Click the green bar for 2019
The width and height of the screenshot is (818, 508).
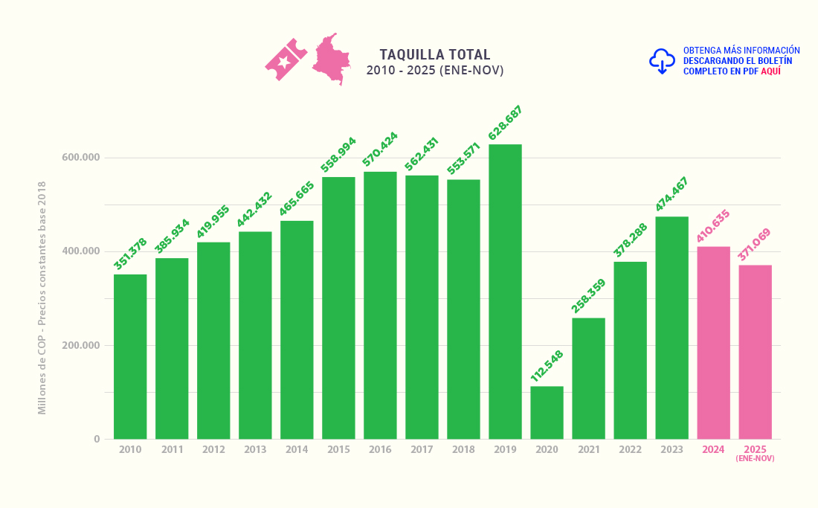[x=505, y=292]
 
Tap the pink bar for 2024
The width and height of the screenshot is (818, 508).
[x=713, y=342]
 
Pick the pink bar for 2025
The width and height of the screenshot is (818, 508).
[x=755, y=352]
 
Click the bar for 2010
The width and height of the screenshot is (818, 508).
[x=130, y=357]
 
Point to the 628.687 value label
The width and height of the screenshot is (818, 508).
[x=506, y=123]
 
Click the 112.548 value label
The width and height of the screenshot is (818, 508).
[x=547, y=366]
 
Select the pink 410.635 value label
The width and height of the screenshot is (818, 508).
[x=713, y=225]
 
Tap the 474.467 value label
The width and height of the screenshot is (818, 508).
[x=672, y=194]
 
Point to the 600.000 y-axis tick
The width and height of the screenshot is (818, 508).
[x=81, y=158]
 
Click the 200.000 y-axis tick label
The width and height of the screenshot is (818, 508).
[x=81, y=346]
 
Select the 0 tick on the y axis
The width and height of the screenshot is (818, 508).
[x=97, y=440]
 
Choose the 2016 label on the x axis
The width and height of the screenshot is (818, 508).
[x=380, y=450]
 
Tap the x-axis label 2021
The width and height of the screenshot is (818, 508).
[x=588, y=450]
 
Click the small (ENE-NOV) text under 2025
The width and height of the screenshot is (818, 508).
[x=755, y=459]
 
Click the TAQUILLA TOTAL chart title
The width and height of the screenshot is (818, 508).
[x=435, y=55]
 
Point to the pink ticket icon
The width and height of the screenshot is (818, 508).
[x=286, y=60]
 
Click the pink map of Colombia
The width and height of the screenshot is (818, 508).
[x=332, y=59]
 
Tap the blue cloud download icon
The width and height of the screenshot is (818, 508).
[x=662, y=61]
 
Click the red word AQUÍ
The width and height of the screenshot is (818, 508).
[x=770, y=71]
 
